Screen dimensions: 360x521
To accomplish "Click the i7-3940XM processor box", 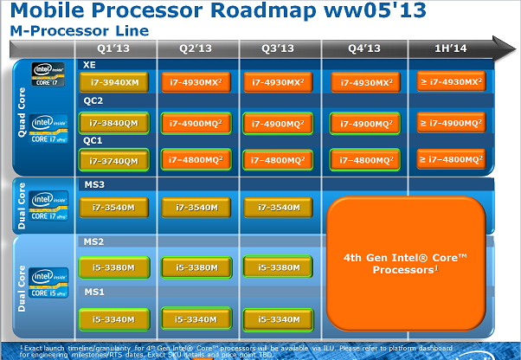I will [x=113, y=83].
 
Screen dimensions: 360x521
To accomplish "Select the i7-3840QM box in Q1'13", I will [x=113, y=124].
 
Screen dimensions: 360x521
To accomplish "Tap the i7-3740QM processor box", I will [x=113, y=160].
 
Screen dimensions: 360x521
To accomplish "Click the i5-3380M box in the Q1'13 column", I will [x=113, y=267].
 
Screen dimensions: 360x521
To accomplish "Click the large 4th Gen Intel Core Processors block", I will [x=405, y=264].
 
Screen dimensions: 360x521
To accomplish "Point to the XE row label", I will [x=89, y=65].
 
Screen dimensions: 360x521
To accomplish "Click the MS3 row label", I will [x=93, y=185].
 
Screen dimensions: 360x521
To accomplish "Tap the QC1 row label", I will [x=93, y=140].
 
